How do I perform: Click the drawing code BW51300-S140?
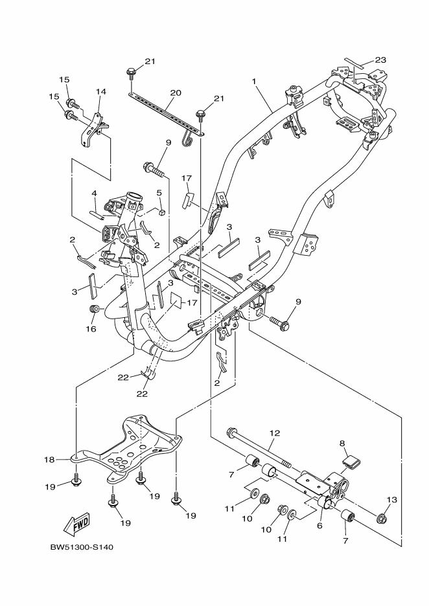[x=82, y=547]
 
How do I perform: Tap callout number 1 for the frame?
[x=255, y=82]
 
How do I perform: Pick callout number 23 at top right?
[x=380, y=60]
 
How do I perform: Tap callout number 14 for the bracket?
[x=100, y=91]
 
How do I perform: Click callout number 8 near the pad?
[x=342, y=443]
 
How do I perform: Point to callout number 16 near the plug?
[x=91, y=329]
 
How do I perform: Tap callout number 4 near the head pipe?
[x=94, y=193]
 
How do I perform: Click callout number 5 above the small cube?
[x=158, y=192]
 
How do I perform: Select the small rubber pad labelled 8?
[x=350, y=462]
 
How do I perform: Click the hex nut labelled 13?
[x=382, y=517]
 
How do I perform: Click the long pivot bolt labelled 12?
[x=259, y=449]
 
